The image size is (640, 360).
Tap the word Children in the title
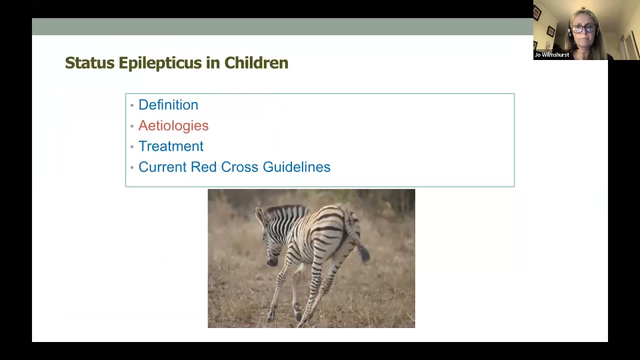(256, 63)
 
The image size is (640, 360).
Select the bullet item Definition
(168, 105)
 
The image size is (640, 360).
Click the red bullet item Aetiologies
(173, 125)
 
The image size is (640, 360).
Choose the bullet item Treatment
(170, 146)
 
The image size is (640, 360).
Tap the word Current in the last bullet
(162, 167)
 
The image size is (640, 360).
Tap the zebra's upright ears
(261, 216)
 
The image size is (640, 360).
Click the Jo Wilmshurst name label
(551, 55)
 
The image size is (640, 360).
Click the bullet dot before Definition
(131, 105)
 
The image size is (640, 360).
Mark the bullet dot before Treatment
(131, 147)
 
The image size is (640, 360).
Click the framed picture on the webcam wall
(550, 31)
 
